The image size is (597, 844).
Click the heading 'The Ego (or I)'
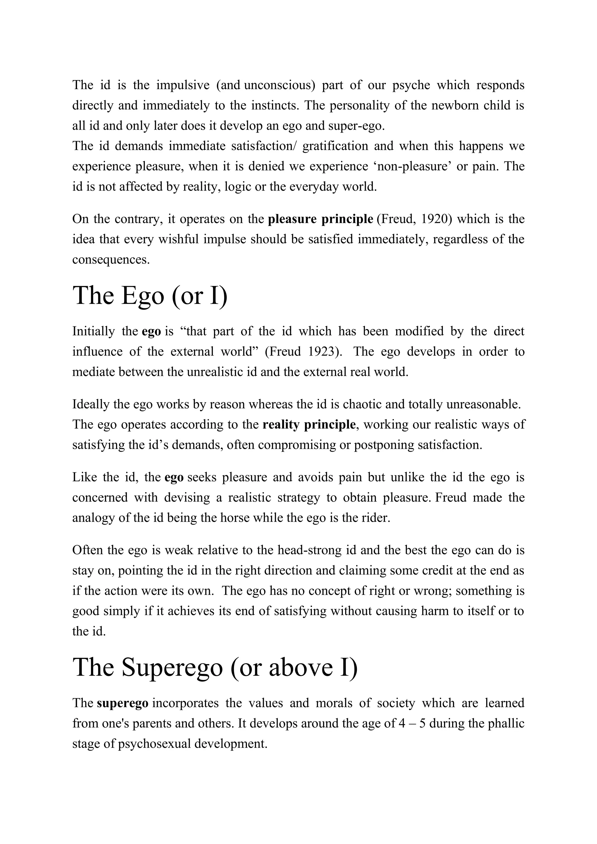coord(150,296)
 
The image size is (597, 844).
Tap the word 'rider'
coord(374,518)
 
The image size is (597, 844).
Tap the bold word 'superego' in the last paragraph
coord(123,703)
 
